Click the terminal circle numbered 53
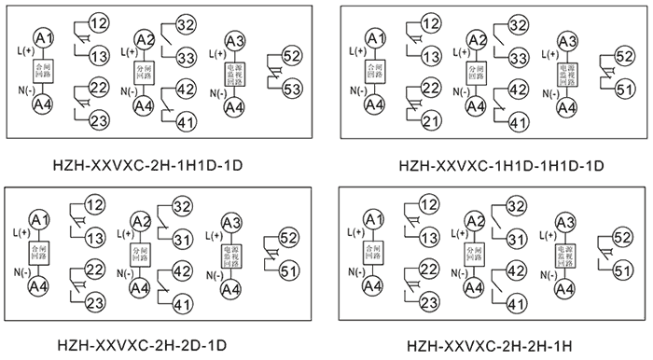click(x=292, y=90)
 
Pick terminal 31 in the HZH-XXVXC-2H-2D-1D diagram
click(x=183, y=239)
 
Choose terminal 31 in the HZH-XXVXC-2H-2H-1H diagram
click(x=516, y=240)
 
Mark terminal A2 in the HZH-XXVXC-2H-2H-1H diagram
click(x=476, y=222)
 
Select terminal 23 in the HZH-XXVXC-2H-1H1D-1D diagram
click(x=97, y=121)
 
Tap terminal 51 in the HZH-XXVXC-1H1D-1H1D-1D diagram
click(x=624, y=89)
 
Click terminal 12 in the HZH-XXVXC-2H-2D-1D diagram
click(x=95, y=204)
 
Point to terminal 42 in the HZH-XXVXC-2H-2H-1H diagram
click(x=516, y=270)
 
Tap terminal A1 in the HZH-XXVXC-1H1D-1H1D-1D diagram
click(x=374, y=38)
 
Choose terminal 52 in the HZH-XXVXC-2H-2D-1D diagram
click(x=290, y=237)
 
